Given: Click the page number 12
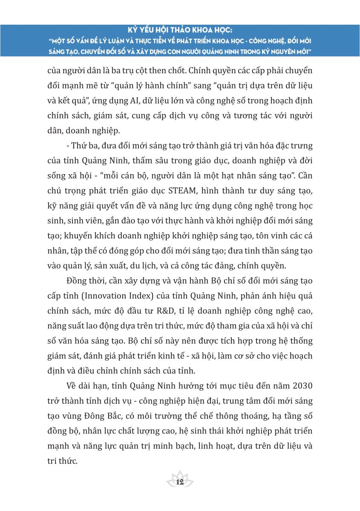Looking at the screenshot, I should tap(179, 482).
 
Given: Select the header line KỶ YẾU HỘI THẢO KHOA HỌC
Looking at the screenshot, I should tap(179, 31).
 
